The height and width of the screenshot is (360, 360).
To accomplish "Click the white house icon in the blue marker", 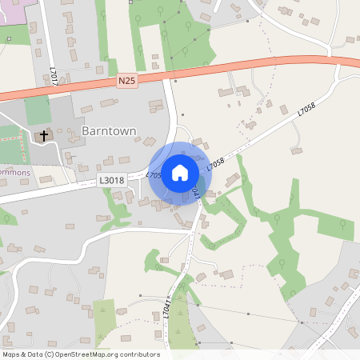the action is [180, 173].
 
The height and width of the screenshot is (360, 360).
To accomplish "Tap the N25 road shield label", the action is [127, 82].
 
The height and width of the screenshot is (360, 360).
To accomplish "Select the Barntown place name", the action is [109, 130].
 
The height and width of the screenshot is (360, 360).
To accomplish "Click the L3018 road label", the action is [113, 181].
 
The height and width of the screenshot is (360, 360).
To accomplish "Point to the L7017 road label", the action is [51, 77].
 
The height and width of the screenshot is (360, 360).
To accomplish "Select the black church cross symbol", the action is [43, 136].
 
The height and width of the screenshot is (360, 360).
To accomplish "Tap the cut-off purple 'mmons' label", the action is [16, 172].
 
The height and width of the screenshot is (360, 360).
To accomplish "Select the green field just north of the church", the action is [36, 110].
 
